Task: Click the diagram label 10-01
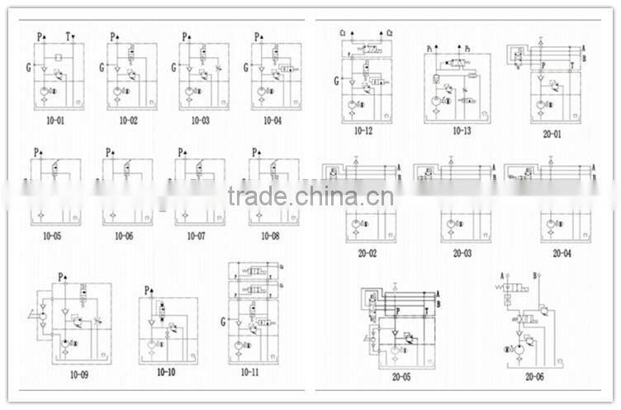coord(55,120)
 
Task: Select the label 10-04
coord(272,120)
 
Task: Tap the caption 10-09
coord(78,375)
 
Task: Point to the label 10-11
coord(250,373)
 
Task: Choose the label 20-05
coord(400,379)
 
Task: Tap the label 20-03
coord(462,253)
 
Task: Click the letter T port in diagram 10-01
coord(69,36)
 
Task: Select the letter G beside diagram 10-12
coord(337,81)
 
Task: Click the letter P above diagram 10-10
coord(148,290)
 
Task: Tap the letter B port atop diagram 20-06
coord(536,276)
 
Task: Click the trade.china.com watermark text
coord(310,197)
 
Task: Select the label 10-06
coord(123,237)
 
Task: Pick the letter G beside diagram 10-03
coord(174,67)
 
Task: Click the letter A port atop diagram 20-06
coord(503,276)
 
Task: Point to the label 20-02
coord(367,253)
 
